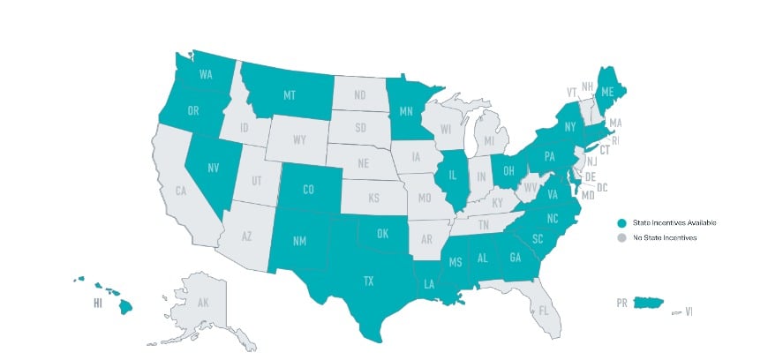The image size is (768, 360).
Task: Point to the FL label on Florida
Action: coord(544,311)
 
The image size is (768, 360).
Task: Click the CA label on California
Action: coord(180,191)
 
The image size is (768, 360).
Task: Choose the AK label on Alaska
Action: coord(202,303)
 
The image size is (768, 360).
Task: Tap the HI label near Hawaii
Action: coord(96,304)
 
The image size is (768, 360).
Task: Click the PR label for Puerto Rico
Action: coord(623,303)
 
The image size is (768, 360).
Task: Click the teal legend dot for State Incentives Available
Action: coord(621,223)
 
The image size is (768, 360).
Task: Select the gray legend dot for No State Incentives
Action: coord(621,238)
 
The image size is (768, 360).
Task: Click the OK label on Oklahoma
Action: coord(382,235)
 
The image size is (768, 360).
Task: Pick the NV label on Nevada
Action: coord(214,168)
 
